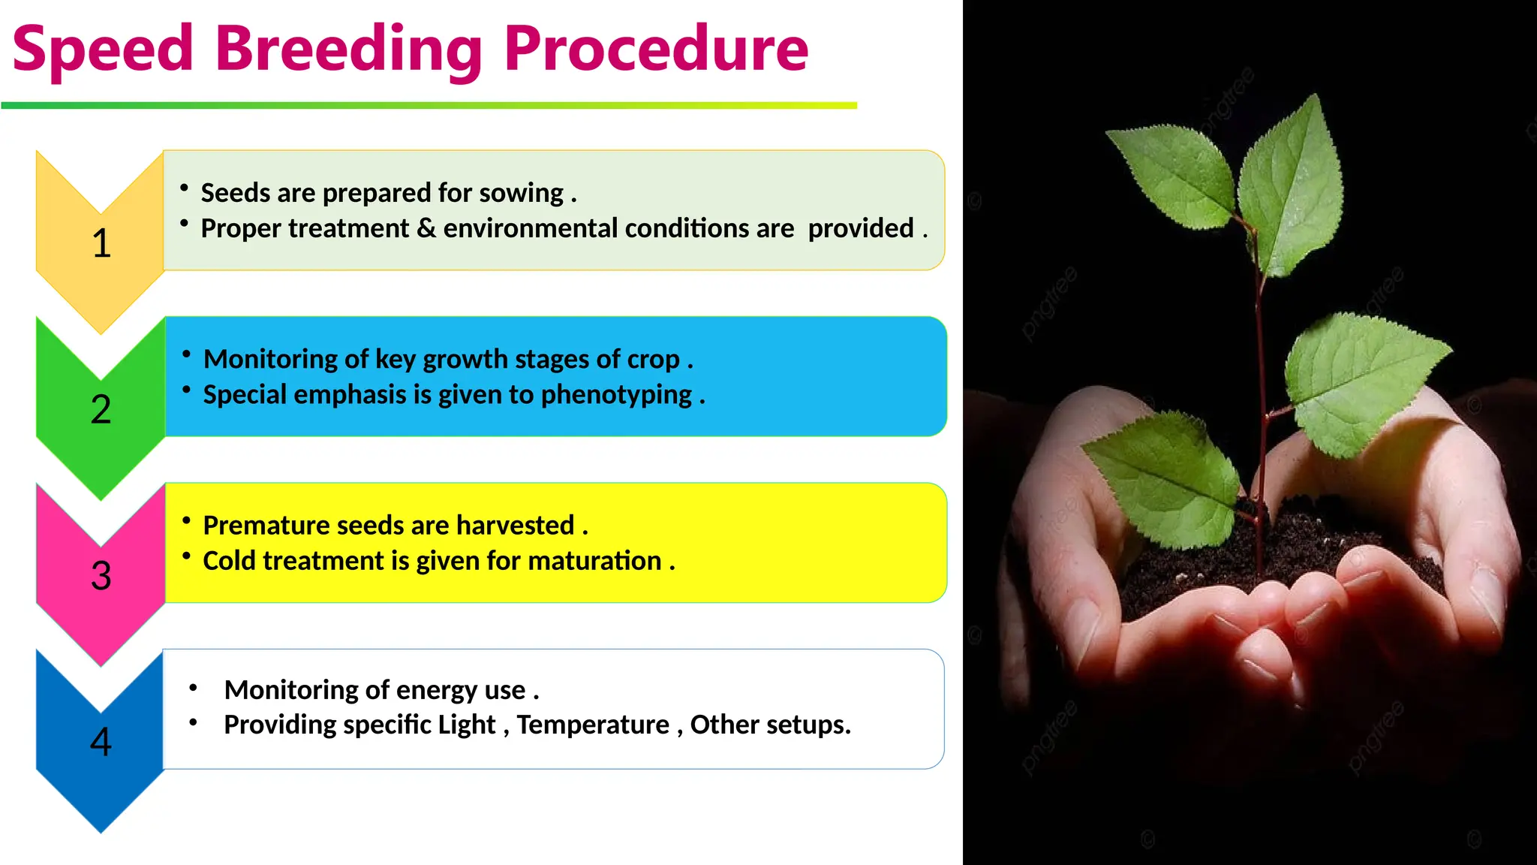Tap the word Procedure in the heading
click(656, 50)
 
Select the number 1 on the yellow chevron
click(101, 243)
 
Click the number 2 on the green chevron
click(101, 410)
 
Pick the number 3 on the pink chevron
click(101, 576)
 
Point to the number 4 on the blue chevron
click(101, 742)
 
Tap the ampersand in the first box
click(426, 228)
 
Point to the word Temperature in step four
click(593, 725)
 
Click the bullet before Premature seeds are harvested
click(186, 520)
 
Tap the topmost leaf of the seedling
click(1292, 180)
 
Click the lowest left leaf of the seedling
click(1162, 481)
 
